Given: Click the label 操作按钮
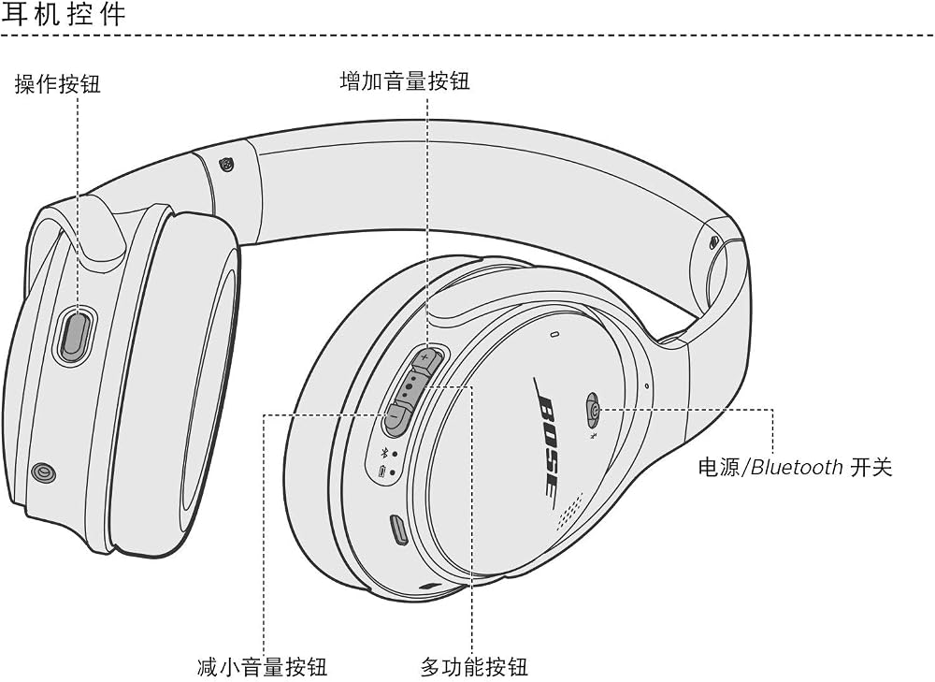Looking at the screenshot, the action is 58,83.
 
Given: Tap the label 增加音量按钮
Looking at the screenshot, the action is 405,80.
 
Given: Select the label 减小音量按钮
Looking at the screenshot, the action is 263,666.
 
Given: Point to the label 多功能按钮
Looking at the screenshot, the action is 474,666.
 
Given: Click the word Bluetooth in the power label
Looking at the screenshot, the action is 796,467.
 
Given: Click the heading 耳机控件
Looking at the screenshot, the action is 64,14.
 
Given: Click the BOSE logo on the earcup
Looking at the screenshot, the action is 547,436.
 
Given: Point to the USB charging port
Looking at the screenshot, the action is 397,530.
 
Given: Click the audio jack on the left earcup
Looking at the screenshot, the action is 44,473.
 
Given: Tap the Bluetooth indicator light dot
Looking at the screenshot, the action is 395,454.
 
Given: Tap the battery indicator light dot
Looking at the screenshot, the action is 393,473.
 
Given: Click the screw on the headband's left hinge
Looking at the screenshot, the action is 226,164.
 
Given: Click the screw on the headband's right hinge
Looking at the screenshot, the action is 714,242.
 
